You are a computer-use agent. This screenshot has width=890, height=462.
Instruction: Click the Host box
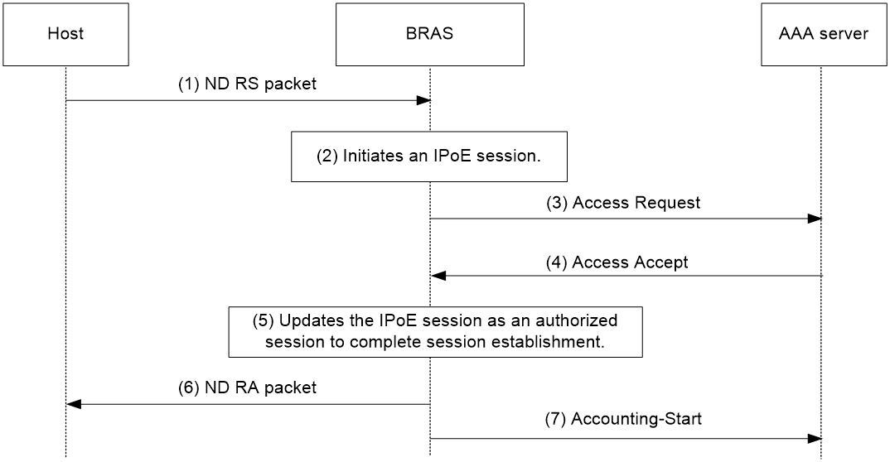(65, 34)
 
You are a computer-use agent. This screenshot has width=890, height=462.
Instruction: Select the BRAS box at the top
(430, 34)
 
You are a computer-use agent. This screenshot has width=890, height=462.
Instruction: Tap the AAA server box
(823, 34)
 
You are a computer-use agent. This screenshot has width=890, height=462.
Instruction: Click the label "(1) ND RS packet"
(248, 84)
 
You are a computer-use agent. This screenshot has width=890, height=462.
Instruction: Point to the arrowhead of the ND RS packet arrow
(423, 101)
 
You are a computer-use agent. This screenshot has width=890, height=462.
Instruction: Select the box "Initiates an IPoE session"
(429, 156)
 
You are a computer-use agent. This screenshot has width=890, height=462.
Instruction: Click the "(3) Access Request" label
(623, 203)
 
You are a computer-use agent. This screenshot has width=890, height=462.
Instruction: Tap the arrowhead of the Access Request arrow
(815, 219)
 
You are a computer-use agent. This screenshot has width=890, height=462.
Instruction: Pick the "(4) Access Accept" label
(617, 262)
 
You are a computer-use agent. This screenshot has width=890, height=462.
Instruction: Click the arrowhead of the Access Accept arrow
(438, 276)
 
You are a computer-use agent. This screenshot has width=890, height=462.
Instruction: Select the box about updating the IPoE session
(435, 332)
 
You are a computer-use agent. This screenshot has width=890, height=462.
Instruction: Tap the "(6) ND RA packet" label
(248, 387)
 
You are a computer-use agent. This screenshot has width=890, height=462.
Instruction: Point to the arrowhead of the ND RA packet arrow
(74, 404)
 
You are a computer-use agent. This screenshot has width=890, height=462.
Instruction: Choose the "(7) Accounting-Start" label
(623, 419)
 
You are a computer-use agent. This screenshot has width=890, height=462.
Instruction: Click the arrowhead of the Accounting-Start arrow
(815, 439)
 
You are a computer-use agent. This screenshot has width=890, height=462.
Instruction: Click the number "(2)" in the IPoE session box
(327, 156)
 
